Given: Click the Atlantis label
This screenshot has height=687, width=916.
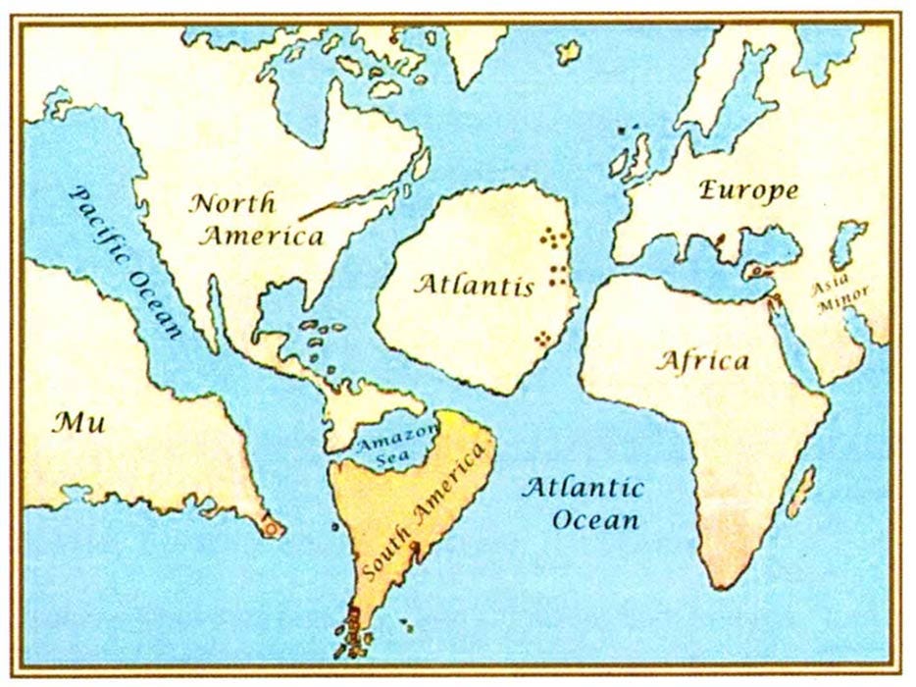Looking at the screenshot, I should point(474,286).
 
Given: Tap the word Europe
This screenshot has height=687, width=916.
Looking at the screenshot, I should point(748,190).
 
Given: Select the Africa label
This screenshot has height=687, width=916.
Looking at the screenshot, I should point(701,360).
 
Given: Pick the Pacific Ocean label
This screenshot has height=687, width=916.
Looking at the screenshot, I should point(127,261).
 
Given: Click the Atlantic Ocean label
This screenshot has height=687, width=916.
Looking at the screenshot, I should point(583,502).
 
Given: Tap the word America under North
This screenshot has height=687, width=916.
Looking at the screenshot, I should point(263,236).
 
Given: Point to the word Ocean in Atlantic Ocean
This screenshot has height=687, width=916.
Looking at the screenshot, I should point(595,519).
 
